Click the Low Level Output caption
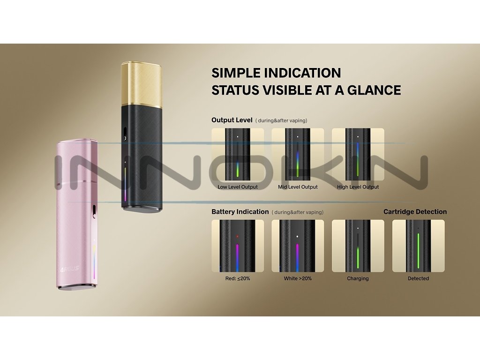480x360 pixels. [x=238, y=187]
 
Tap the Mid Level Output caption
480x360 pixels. [x=298, y=187]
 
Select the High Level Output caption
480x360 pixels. [x=358, y=187]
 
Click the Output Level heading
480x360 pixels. [x=232, y=120]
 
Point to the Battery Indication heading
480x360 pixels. [x=240, y=212]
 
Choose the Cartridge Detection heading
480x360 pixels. [x=415, y=212]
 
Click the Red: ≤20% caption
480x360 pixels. [x=238, y=278]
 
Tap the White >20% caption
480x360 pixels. [x=298, y=278]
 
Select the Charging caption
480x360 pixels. [x=358, y=278]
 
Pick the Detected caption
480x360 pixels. [x=418, y=278]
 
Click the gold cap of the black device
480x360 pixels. [x=142, y=82]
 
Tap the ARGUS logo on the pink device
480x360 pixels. [x=70, y=269]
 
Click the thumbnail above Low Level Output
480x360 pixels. [x=238, y=155]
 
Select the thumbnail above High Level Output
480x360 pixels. [x=358, y=155]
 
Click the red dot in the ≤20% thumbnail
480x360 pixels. [x=238, y=236]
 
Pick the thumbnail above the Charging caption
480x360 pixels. [x=358, y=246]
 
